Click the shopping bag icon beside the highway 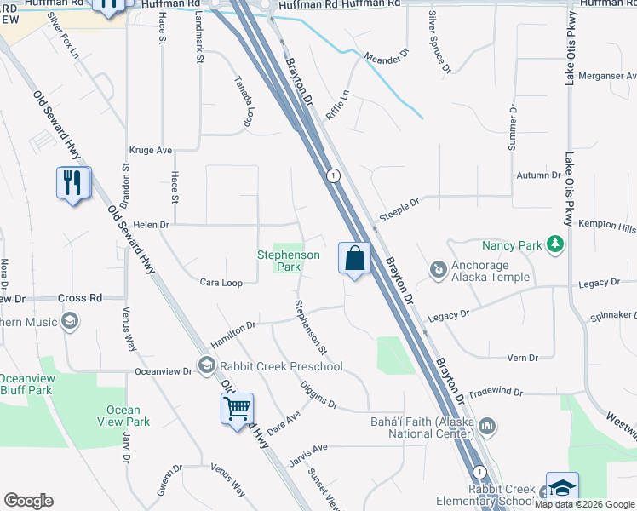tap(355, 258)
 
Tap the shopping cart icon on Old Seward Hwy tap(237, 407)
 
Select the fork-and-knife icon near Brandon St tap(72, 182)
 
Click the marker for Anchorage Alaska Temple tap(439, 270)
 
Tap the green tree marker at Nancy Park tap(555, 245)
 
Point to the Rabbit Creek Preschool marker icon tap(205, 366)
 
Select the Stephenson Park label tap(290, 261)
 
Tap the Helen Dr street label tap(152, 225)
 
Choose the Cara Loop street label tap(221, 282)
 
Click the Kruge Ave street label tap(151, 150)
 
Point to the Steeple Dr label tap(399, 210)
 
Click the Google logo tap(29, 501)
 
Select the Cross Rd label tap(80, 298)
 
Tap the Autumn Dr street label tap(538, 175)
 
